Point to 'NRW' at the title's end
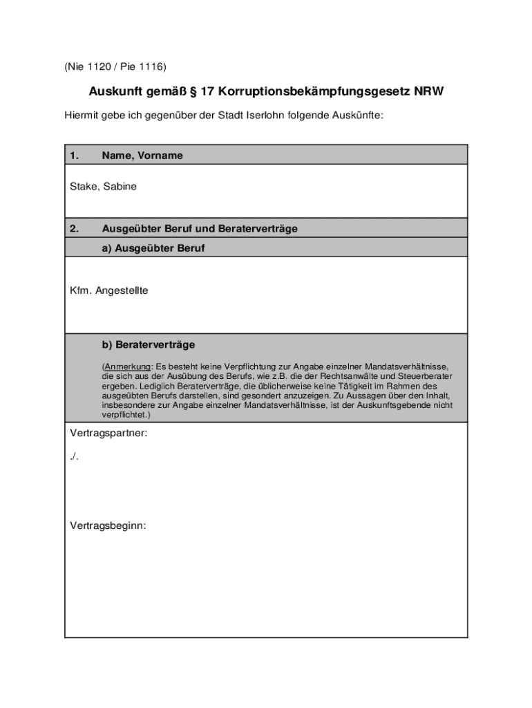(x=428, y=92)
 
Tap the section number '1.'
(x=75, y=156)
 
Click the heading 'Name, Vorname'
(x=142, y=156)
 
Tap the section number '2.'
(x=75, y=228)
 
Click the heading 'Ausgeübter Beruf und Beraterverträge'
(x=200, y=228)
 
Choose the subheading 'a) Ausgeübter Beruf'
(x=153, y=248)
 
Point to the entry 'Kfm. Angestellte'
(x=109, y=291)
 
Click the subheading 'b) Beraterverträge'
(x=149, y=344)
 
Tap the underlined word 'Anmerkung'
(x=128, y=366)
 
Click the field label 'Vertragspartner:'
(x=109, y=434)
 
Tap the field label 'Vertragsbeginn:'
(x=108, y=526)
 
